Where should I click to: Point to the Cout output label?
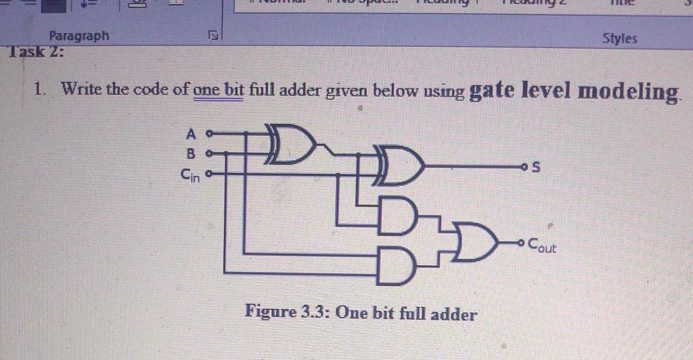(542, 248)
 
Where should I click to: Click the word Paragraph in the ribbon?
(80, 37)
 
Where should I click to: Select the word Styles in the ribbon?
(619, 38)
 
